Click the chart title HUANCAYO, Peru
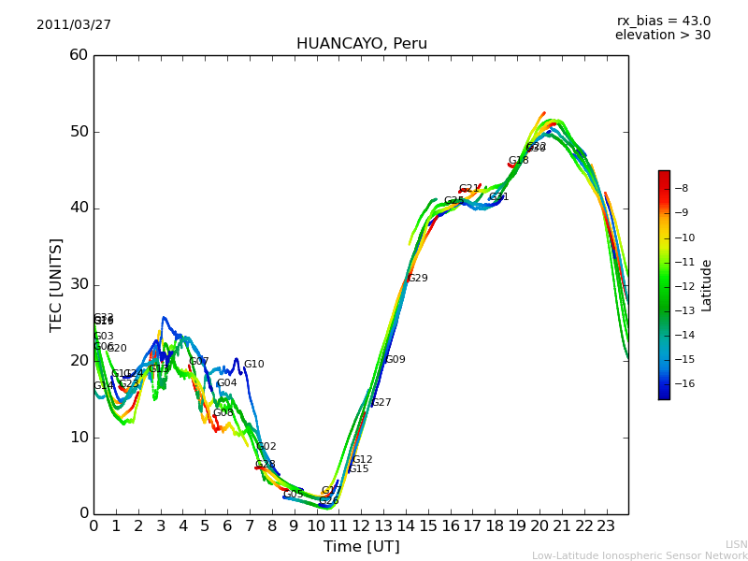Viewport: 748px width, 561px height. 362,44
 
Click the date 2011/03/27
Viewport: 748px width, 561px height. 74,25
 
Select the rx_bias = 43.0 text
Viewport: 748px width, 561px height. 664,22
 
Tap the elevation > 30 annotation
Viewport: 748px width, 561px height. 663,36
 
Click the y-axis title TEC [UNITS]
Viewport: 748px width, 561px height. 56,284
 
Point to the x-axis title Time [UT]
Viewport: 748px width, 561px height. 362,547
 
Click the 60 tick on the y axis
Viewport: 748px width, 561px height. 79,55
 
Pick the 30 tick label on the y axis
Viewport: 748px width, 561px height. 79,284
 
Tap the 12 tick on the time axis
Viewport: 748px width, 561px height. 361,526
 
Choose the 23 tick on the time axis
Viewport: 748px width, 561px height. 606,526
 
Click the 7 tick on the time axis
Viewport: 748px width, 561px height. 250,526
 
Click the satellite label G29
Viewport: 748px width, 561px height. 417,279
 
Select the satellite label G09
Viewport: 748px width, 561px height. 396,360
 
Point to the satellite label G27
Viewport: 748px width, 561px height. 381,403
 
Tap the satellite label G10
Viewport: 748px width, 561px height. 254,365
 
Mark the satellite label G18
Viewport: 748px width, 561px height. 519,161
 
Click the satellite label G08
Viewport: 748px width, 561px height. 223,413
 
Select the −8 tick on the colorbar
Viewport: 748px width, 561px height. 681,188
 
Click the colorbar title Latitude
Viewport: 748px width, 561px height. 707,285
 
